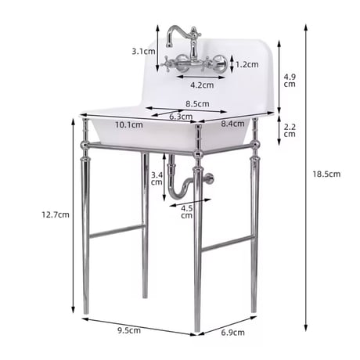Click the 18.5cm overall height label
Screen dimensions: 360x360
coord(326,174)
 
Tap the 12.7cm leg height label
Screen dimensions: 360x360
coord(56,214)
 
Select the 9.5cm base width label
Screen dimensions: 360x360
coord(129,330)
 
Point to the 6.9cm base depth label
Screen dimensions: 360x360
coord(232,333)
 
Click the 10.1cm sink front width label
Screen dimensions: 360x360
coord(129,124)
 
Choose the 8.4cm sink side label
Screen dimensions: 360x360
coord(232,124)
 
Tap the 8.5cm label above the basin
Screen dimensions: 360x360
coord(197,104)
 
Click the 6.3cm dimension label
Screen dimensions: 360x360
coord(181,117)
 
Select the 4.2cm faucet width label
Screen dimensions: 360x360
coord(202,85)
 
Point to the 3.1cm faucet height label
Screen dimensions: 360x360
coord(143,52)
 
